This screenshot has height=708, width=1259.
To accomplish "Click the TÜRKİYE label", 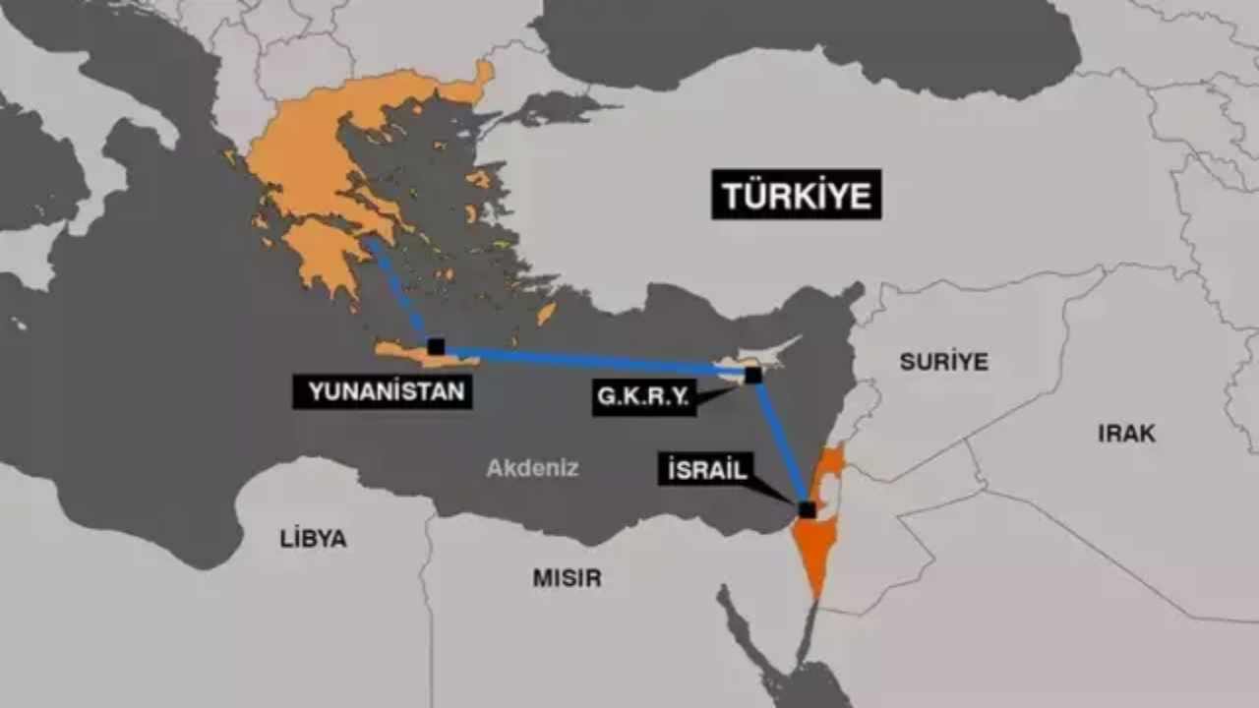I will [796, 195].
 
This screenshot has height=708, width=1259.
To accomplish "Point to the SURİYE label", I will [943, 361].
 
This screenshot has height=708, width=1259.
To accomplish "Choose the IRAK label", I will [1126, 433].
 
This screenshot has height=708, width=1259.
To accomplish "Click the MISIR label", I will [567, 578].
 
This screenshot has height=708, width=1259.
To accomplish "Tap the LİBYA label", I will [313, 539].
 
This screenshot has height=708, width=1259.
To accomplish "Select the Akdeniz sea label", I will [532, 468].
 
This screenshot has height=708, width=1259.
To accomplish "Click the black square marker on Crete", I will [436, 346].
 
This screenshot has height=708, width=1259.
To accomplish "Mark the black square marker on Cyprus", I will [753, 375].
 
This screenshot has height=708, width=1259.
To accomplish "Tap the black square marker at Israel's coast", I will [808, 509].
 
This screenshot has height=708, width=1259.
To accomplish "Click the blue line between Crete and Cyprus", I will [590, 360].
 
